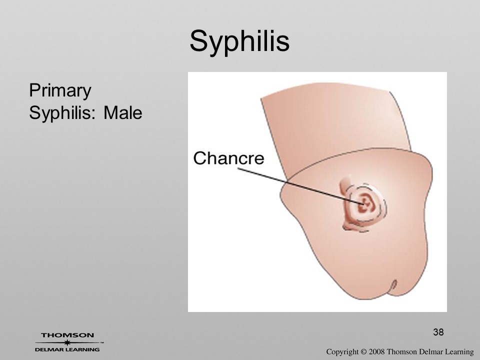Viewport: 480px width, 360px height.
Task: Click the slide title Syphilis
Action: [x=239, y=41]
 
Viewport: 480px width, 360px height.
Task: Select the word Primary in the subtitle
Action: [x=60, y=90]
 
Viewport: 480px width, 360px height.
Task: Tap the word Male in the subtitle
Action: [x=123, y=112]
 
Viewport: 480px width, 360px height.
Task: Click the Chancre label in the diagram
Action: [x=228, y=158]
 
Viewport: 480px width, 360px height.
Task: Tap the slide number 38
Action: [x=438, y=332]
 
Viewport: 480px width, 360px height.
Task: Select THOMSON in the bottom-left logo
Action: [x=67, y=335]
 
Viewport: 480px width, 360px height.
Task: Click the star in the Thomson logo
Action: [x=67, y=342]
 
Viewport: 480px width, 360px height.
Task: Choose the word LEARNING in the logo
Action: [x=82, y=349]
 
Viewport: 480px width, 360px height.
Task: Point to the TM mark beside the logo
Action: [x=102, y=343]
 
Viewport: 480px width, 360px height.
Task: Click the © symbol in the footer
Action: [x=363, y=352]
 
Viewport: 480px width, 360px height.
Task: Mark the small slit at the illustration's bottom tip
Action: [x=394, y=285]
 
